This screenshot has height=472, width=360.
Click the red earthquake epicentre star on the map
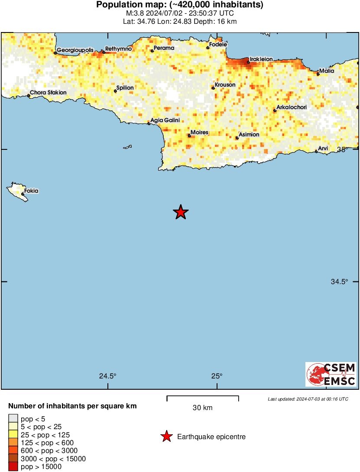181,212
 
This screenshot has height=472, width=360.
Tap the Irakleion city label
261,58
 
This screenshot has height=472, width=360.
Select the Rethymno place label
118,49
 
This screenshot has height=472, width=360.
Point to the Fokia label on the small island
31,191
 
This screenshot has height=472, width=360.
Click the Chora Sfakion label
48,93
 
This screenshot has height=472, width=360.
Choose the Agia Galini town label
165,120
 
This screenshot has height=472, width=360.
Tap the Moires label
200,132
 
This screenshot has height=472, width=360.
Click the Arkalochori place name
292,107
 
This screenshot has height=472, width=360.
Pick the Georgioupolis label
75,50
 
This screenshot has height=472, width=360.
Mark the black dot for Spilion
115,91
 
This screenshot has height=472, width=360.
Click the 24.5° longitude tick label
107,376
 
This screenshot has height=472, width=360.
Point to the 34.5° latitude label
340,281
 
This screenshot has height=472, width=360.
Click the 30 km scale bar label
202,407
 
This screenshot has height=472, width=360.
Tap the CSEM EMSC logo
331,375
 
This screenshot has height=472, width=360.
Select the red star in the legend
166,437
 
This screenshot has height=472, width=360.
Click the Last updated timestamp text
308,399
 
